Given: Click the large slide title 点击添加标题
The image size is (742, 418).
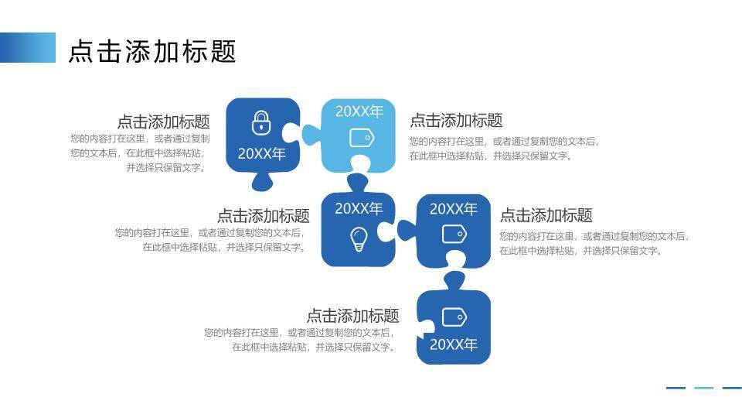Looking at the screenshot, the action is pos(152,51).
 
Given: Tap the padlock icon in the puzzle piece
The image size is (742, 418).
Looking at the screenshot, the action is pos(262,122).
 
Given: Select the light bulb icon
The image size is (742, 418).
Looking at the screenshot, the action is pos(358,238).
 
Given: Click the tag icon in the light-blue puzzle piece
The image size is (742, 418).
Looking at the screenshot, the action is pos(362,138).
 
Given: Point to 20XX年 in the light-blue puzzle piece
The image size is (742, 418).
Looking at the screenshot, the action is pos(359,111).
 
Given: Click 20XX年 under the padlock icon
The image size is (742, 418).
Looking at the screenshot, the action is pos(262,153).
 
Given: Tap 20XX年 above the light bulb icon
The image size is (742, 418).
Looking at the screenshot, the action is pos(359,208).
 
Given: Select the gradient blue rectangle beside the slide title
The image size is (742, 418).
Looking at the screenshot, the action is pos(28,47).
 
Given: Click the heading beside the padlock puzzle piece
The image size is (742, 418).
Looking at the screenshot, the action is pos(163,122).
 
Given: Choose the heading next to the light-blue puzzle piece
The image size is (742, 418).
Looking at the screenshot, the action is pos(456,120).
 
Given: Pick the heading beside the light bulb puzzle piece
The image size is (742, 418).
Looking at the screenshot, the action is pos(263,216).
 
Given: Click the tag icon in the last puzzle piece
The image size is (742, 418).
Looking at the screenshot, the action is pos(454,317).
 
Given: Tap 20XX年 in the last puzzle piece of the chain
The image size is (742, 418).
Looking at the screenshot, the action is pos(454,344).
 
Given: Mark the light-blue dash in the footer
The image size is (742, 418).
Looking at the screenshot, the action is pos(703,388).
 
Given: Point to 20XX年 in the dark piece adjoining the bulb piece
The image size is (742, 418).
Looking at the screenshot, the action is pos(454,209).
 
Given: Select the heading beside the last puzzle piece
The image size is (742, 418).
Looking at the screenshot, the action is pos(352,316).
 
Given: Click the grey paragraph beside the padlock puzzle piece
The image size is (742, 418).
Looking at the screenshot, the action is pos(140,153).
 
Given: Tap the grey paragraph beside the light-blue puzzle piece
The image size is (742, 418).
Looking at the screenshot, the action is pos(504,149).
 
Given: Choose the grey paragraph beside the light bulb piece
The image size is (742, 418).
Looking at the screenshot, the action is pos(209,240).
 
